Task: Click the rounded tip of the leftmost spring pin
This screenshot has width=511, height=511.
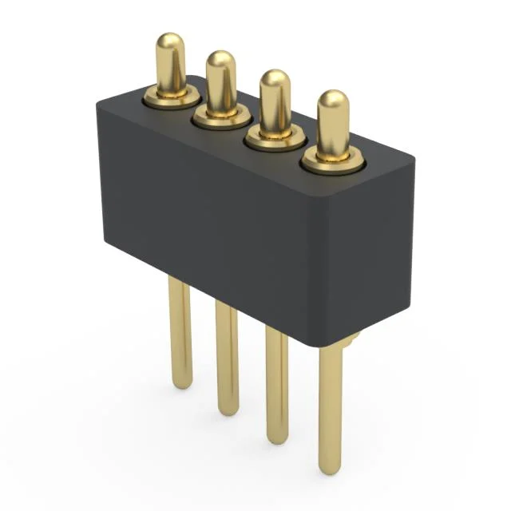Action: (170, 43)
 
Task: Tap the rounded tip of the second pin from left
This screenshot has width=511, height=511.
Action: (220, 61)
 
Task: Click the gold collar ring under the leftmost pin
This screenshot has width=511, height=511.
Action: (170, 98)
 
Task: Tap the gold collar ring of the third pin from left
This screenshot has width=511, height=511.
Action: (275, 138)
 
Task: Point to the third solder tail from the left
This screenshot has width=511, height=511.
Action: (276, 383)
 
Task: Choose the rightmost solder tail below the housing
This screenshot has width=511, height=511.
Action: (331, 407)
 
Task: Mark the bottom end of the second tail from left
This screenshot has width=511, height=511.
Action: (228, 410)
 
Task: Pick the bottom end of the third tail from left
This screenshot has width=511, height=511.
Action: (277, 438)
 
